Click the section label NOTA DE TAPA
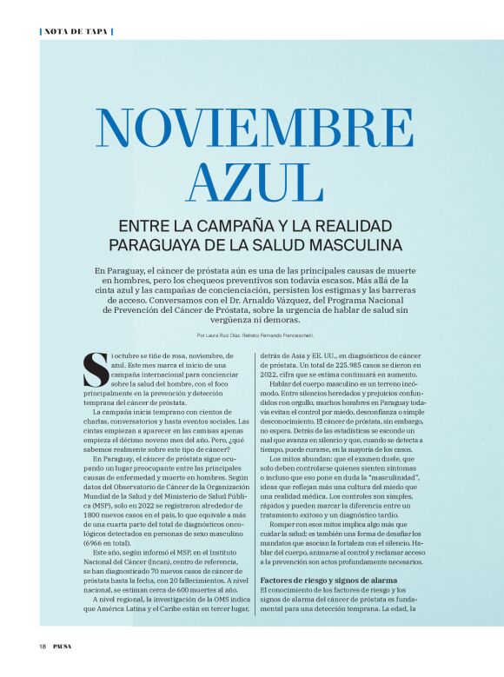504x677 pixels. pos(76,31)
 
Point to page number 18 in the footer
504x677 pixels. pos(42,646)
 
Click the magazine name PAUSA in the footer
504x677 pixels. pos(63,646)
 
